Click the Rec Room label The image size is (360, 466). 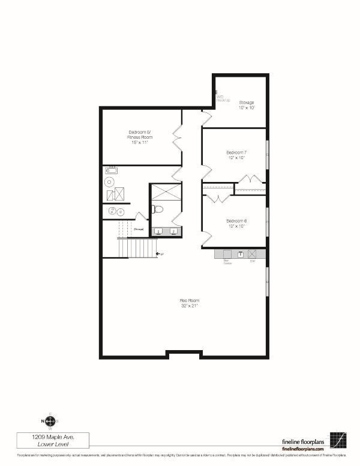(189, 300)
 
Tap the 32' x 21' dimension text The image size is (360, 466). (189, 306)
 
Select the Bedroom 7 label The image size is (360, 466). (236, 153)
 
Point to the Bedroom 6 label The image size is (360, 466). (236, 221)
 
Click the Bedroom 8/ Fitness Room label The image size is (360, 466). (140, 135)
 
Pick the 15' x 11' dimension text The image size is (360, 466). (139, 142)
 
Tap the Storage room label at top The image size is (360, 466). (247, 103)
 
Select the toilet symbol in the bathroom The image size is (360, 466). (157, 210)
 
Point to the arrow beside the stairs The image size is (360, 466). (159, 255)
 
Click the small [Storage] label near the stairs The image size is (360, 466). (139, 229)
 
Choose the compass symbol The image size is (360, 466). (50, 421)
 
